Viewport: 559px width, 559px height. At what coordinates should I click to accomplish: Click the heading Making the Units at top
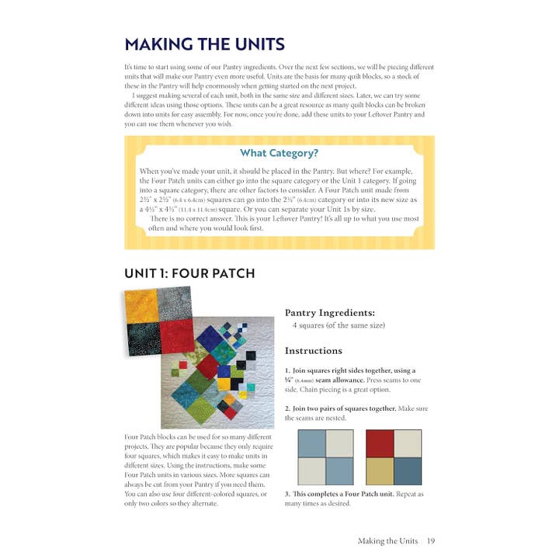[x=204, y=44]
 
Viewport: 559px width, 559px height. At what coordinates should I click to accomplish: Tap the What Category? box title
[x=279, y=153]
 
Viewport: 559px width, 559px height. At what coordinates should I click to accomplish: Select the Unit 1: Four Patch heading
[x=189, y=273]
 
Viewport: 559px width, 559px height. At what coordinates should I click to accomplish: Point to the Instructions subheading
[x=314, y=350]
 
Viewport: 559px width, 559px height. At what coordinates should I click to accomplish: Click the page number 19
[x=430, y=540]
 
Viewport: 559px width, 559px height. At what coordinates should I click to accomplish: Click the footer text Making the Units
[x=387, y=540]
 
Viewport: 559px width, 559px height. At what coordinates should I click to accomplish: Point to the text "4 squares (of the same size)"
[x=339, y=325]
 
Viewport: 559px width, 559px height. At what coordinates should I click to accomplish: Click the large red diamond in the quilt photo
[x=207, y=364]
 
